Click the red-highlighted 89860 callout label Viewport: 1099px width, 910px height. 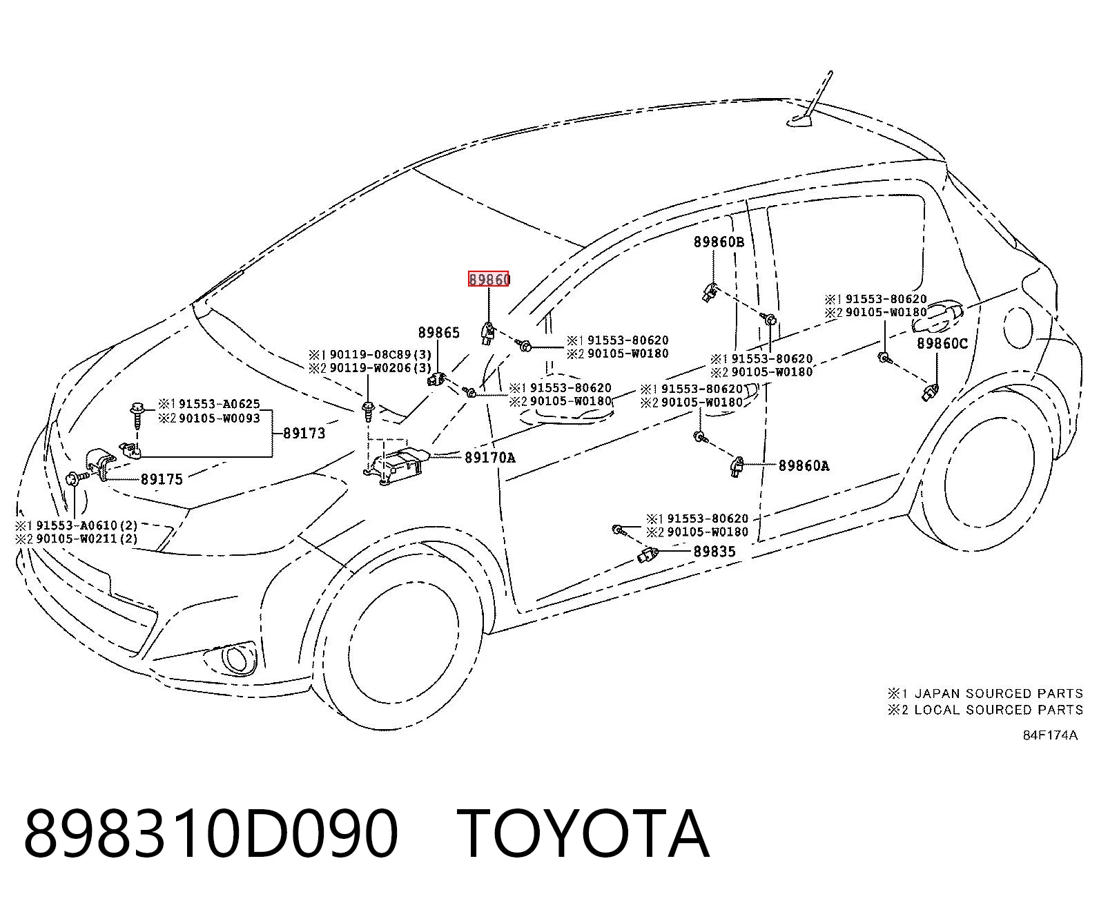[489, 278]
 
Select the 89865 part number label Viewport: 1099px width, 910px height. [439, 332]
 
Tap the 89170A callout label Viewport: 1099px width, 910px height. [490, 458]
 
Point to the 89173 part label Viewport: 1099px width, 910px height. [304, 433]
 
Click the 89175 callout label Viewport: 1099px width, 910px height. [162, 479]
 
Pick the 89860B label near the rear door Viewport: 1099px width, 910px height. [719, 242]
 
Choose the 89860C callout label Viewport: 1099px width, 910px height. [942, 343]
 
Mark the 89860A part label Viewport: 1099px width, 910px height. [804, 465]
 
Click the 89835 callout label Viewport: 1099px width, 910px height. [714, 552]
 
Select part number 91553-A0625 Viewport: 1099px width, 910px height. [220, 404]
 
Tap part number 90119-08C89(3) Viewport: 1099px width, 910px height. [380, 354]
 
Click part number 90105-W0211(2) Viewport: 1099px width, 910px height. [87, 539]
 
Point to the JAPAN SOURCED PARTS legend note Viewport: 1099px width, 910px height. [999, 694]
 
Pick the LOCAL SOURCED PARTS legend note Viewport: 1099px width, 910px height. [999, 710]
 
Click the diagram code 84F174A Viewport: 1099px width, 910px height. [1050, 735]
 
